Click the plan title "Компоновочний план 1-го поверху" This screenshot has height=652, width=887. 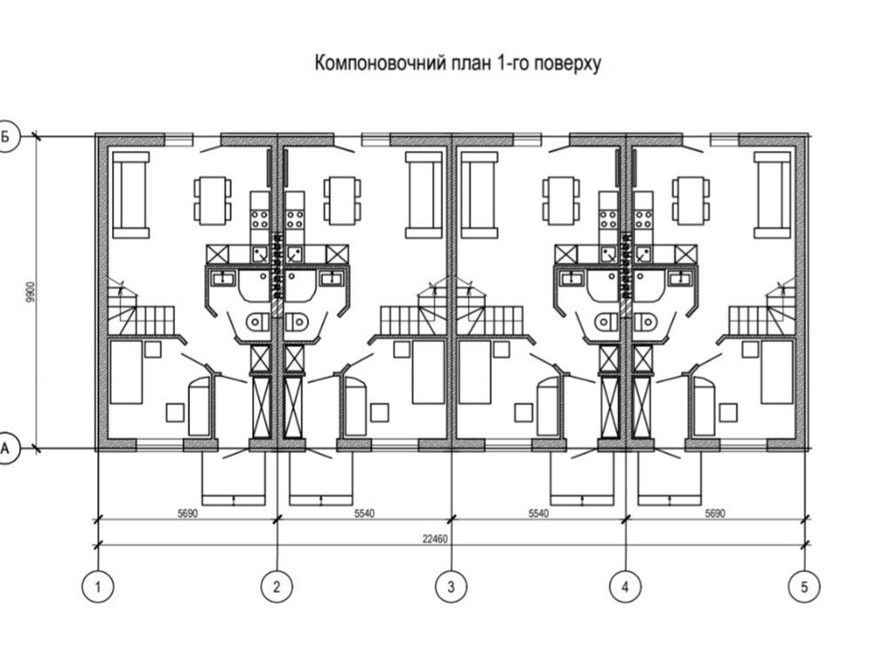pyautogui.click(x=458, y=64)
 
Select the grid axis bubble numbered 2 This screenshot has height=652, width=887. pyautogui.click(x=277, y=586)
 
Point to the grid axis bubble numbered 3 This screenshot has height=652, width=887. pyautogui.click(x=451, y=586)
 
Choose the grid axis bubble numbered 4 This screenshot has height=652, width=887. pyautogui.click(x=626, y=586)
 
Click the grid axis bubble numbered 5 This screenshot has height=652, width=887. pyautogui.click(x=804, y=586)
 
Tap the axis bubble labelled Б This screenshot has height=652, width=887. pyautogui.click(x=7, y=137)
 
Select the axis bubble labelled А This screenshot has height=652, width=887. pyautogui.click(x=7, y=449)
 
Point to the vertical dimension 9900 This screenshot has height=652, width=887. pyautogui.click(x=28, y=293)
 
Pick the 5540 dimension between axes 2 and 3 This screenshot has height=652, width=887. pyautogui.click(x=365, y=513)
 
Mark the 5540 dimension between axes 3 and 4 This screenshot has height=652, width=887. pyautogui.click(x=538, y=513)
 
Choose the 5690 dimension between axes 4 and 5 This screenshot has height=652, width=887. pyautogui.click(x=716, y=513)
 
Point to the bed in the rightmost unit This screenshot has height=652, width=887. pyautogui.click(x=776, y=371)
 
